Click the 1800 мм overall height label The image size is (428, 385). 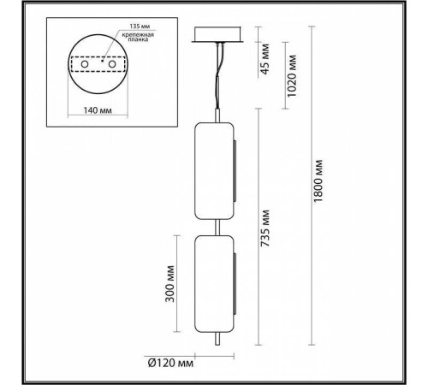point(319,182)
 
